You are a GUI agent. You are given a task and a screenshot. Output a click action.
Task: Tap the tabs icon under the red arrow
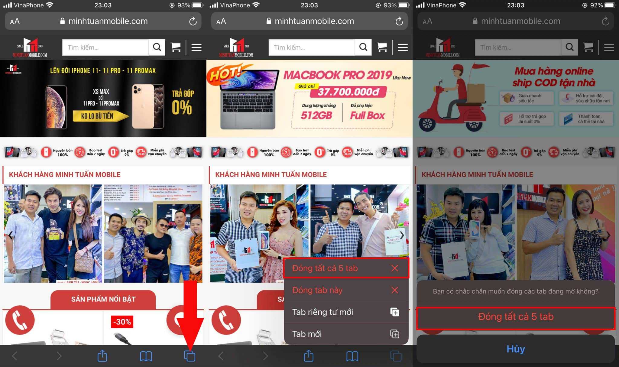coord(190,356)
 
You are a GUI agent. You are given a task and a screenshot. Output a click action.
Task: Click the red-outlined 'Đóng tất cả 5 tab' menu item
coord(346,268)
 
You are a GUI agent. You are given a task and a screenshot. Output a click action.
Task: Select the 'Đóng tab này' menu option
coord(346,290)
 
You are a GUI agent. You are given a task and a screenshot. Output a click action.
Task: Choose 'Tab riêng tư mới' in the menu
coord(346,312)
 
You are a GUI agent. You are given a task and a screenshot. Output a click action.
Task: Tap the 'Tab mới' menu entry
coord(346,334)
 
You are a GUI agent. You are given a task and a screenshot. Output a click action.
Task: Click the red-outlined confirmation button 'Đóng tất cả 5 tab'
coord(516,317)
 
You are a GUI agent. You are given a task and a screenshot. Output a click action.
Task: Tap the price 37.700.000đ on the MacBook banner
coord(348,92)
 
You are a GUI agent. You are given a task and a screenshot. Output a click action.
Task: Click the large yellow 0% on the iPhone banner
coord(182,107)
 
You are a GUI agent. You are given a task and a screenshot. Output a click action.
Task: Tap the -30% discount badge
coord(122,322)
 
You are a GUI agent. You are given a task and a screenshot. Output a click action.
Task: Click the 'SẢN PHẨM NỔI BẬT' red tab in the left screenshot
coord(103,299)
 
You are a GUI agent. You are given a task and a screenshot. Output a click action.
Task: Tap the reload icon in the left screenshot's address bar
coord(193,21)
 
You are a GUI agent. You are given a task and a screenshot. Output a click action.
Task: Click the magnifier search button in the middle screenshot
coord(363,47)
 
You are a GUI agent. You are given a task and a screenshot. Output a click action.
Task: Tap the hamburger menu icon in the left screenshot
coord(196,47)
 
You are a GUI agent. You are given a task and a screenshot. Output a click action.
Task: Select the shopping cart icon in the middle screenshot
coord(382,47)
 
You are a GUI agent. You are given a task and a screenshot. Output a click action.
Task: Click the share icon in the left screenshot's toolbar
coord(102,356)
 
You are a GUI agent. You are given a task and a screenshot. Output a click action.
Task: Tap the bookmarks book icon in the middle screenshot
coord(352,356)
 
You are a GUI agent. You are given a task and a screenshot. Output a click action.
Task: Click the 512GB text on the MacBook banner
coord(316,115)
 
